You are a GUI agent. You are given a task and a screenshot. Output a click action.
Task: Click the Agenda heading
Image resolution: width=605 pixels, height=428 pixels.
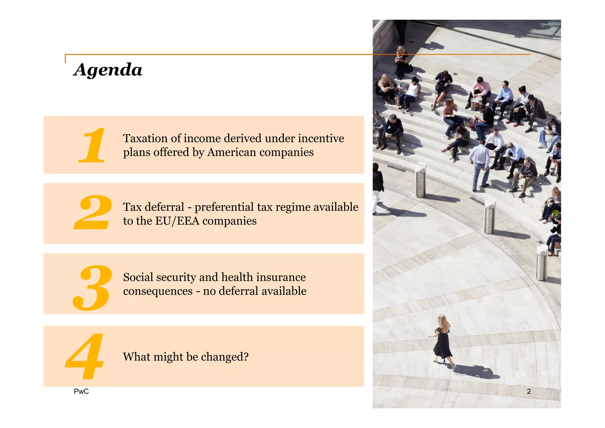108,70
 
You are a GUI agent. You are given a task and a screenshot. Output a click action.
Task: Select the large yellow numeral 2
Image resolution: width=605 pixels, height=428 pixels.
93,213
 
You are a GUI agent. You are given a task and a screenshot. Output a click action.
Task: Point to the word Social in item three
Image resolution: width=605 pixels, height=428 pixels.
138,277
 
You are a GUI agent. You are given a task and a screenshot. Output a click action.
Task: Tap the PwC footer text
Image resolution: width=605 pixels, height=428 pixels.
81,391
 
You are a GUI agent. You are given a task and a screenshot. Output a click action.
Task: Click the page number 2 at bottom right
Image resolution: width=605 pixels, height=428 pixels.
529,391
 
